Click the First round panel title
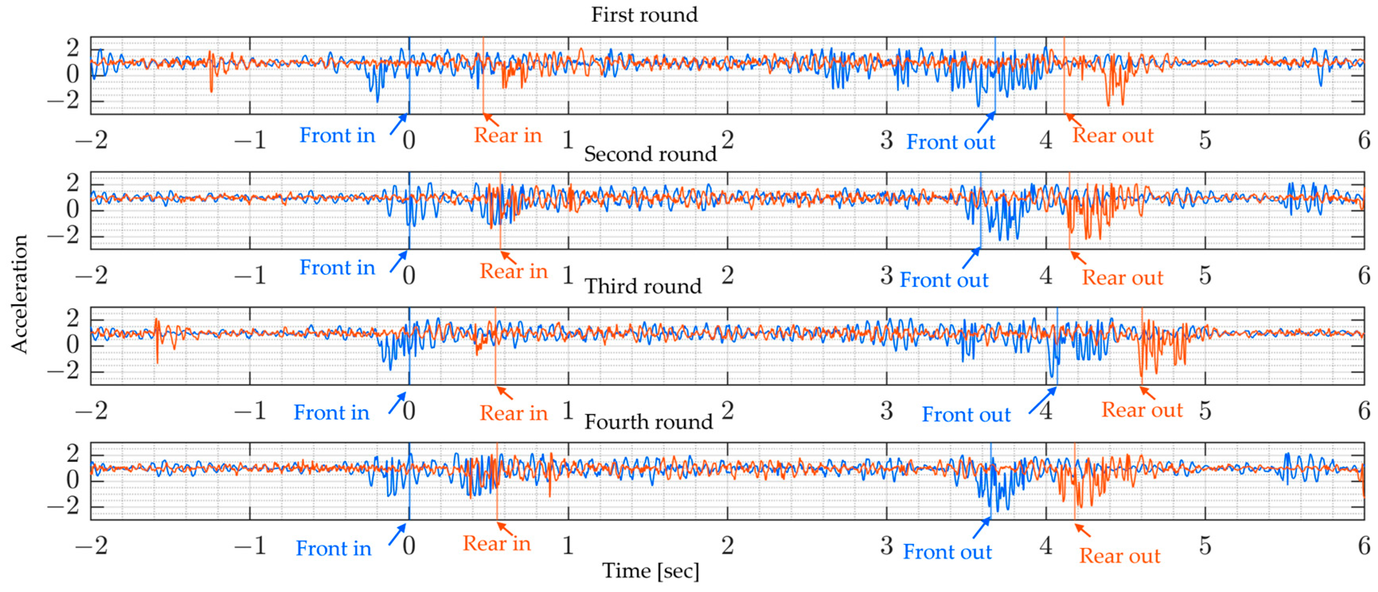tap(644, 14)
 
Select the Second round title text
tap(650, 154)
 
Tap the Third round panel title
tap(643, 286)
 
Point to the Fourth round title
tap(648, 422)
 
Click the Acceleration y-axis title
tap(19, 294)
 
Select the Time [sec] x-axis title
tap(650, 571)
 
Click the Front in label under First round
tap(337, 135)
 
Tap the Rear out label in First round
tap(1113, 135)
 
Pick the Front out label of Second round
tap(944, 280)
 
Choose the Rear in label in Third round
tap(513, 413)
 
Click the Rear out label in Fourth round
tap(1120, 556)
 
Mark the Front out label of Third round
tap(966, 415)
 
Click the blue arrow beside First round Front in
tap(398, 124)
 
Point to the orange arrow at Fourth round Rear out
tap(1082, 530)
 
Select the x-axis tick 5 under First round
tap(1205, 140)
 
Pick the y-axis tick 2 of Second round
tap(73, 183)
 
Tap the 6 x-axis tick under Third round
tap(1364, 411)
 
